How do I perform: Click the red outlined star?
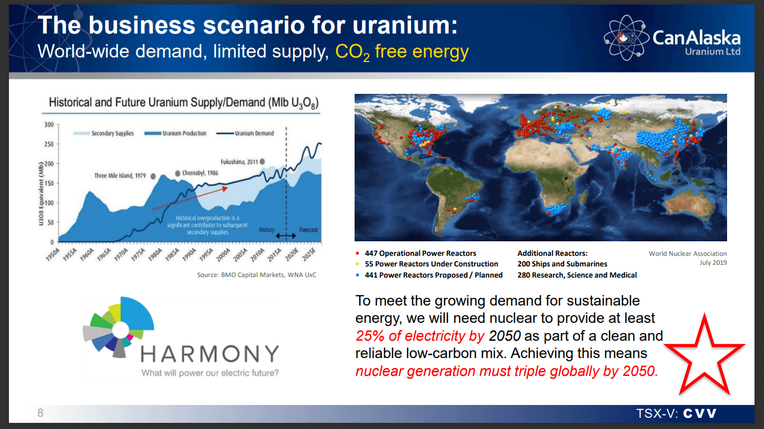pyautogui.click(x=703, y=355)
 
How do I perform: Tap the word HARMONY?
pyautogui.click(x=209, y=354)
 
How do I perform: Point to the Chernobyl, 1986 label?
pyautogui.click(x=200, y=173)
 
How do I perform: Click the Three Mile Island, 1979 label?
pyautogui.click(x=120, y=176)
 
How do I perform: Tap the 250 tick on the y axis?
pyautogui.click(x=49, y=144)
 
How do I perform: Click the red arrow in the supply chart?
pyautogui.click(x=190, y=198)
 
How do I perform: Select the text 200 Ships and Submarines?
pyautogui.click(x=562, y=264)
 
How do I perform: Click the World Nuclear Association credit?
pyautogui.click(x=687, y=254)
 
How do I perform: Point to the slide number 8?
pyautogui.click(x=40, y=413)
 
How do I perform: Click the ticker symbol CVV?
pyautogui.click(x=700, y=414)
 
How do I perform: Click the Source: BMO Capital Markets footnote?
pyautogui.click(x=257, y=275)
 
